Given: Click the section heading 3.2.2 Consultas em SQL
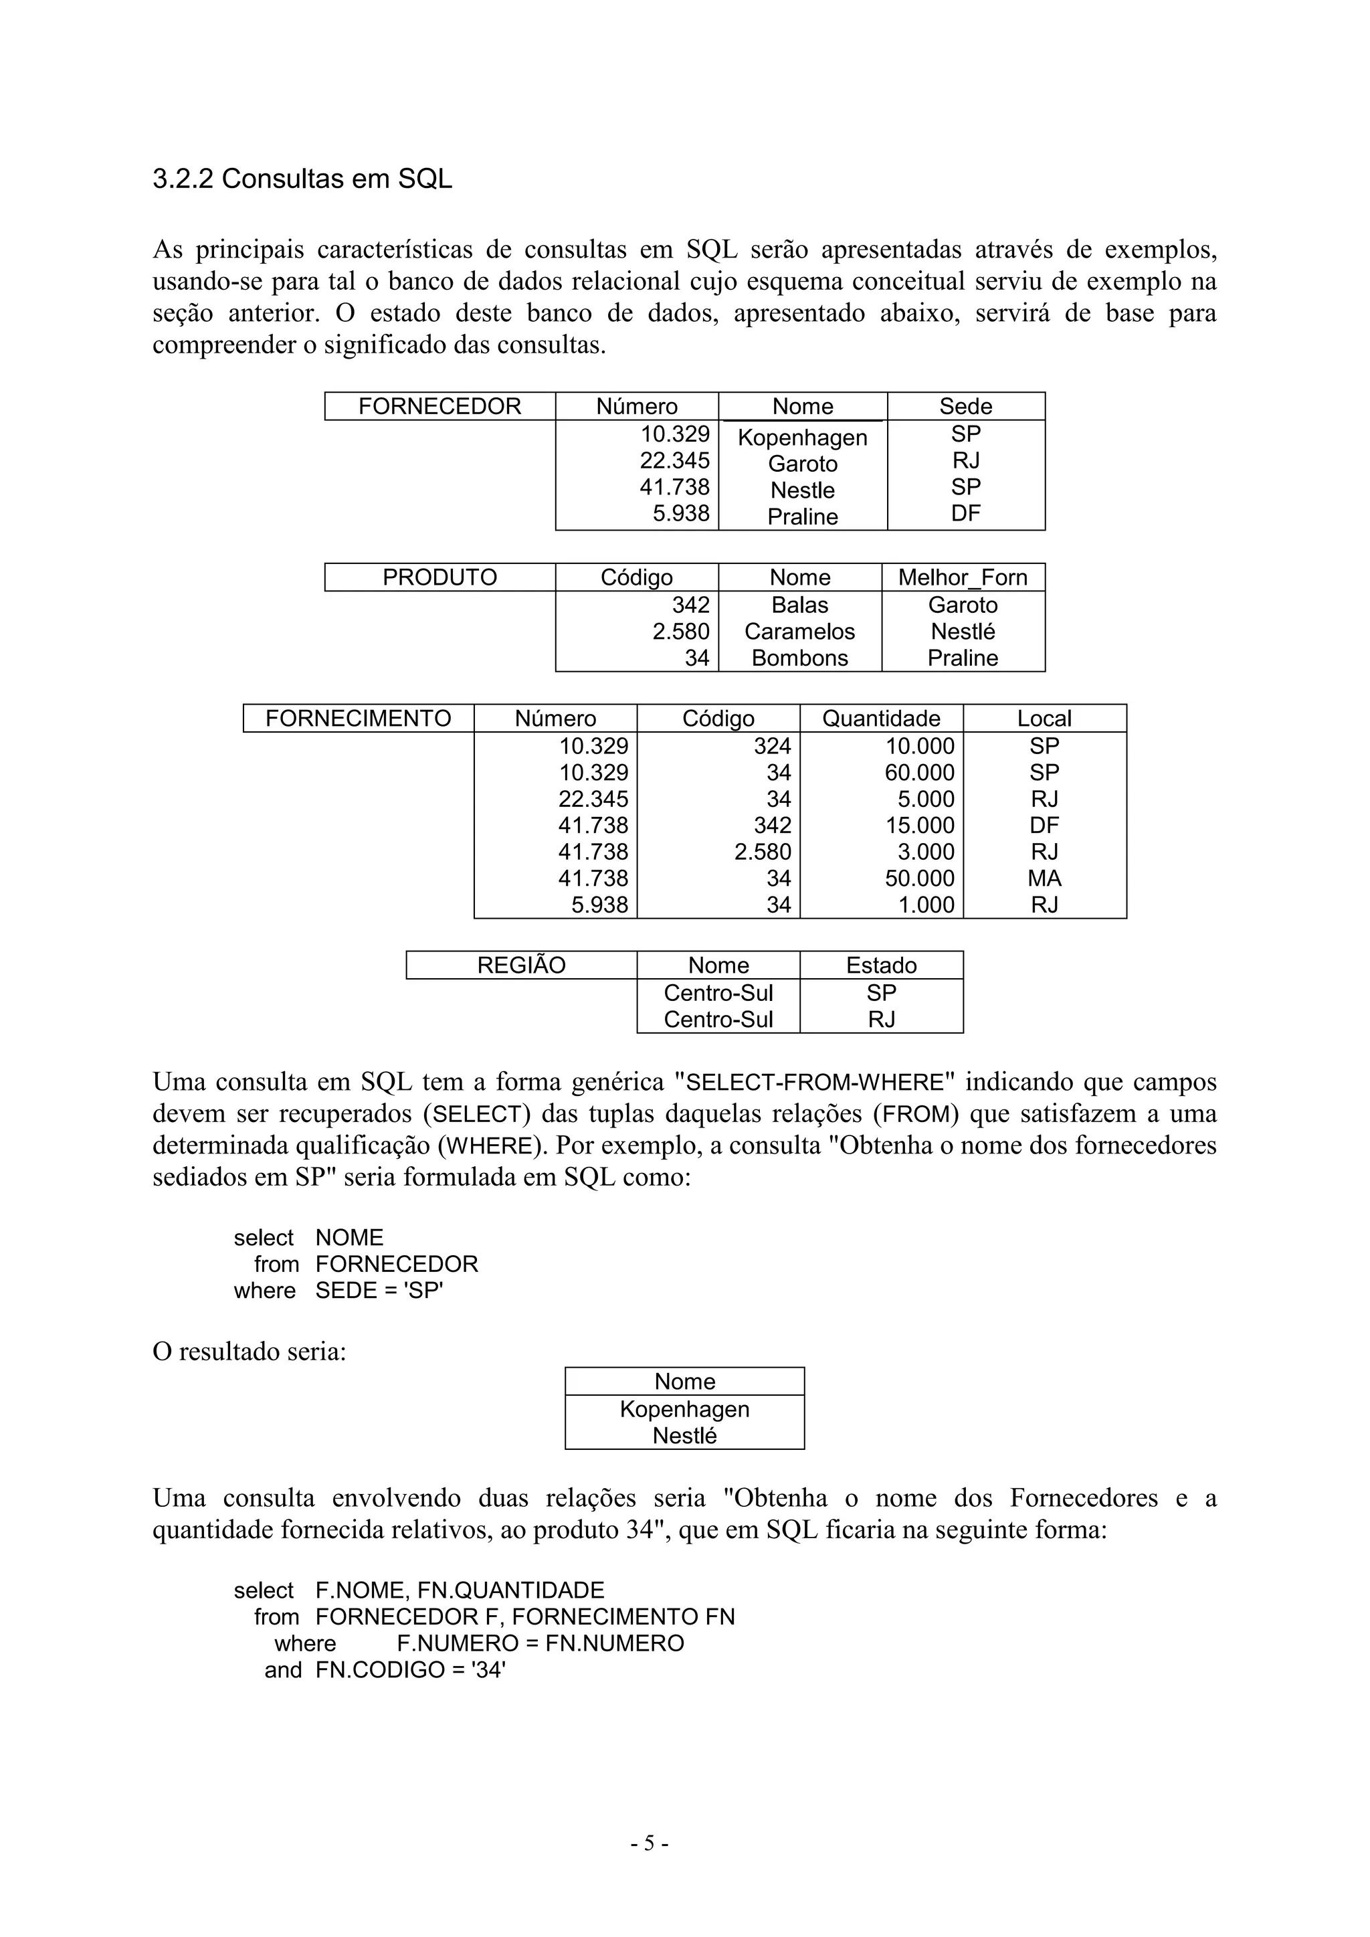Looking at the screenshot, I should coord(302,179).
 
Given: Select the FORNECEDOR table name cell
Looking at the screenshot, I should coord(439,407).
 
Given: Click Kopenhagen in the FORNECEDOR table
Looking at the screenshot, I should coord(802,438).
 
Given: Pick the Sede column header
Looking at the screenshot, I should coord(965,407).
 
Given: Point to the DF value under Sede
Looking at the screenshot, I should coord(965,513).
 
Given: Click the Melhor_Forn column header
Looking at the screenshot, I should coord(963,578).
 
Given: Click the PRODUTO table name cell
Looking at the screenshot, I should coord(439,578).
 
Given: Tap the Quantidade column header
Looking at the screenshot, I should coord(881,719).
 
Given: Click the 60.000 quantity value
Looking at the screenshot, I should coord(920,773).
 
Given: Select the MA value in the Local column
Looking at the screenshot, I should coord(1044,879).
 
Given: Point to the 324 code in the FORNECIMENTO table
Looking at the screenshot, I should coord(772,747).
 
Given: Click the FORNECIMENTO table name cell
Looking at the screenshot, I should coord(358,719).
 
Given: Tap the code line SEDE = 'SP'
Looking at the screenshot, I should coord(379,1291).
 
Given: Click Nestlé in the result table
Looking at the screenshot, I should coord(684,1436).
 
